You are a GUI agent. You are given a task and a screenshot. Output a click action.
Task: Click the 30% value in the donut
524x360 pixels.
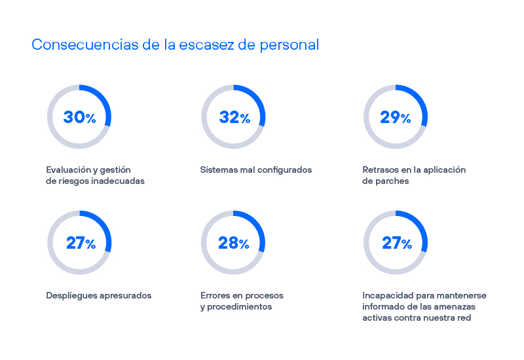point(79,117)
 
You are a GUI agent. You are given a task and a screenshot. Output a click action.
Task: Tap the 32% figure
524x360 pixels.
point(234,117)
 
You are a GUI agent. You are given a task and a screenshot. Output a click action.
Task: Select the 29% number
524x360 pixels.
point(396,117)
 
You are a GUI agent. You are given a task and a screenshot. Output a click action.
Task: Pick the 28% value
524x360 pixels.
point(234,243)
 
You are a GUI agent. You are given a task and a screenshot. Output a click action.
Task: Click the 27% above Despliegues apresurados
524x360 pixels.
point(80,243)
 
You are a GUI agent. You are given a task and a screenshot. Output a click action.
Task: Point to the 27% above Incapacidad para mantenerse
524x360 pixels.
point(396,243)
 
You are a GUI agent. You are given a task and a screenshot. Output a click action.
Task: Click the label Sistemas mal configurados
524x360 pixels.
point(255,170)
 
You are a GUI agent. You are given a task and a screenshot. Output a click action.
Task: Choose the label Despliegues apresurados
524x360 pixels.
point(98,295)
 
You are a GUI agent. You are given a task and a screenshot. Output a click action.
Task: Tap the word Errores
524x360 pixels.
point(215,295)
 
